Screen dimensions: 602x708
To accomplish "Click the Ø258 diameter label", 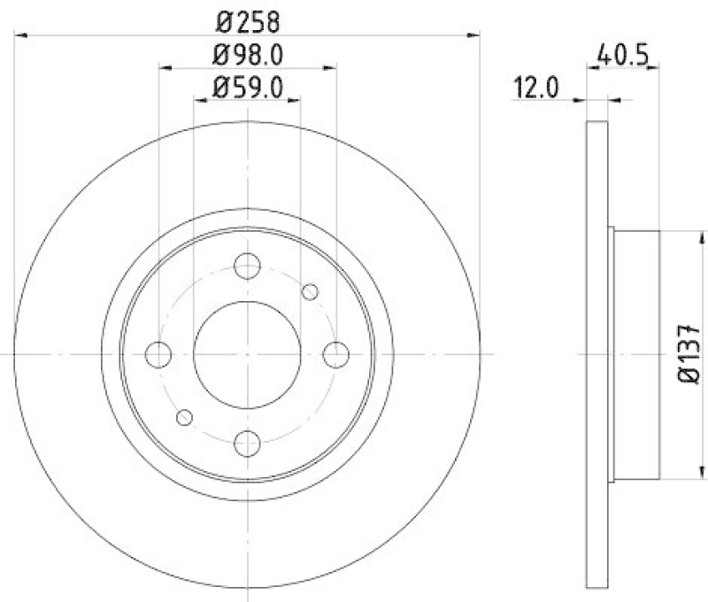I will click(248, 19).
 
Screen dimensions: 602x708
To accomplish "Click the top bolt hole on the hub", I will click(248, 265).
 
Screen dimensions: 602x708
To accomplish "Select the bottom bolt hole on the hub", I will click(248, 442).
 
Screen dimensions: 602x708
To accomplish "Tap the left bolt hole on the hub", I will click(159, 354).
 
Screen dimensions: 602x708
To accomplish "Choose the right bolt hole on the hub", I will click(336, 354).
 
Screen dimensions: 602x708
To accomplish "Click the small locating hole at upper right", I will click(310, 291).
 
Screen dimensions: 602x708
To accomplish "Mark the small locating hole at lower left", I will click(185, 416).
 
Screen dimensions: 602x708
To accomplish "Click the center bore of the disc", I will click(248, 354).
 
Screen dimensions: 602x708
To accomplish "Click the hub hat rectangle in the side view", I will click(637, 354).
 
